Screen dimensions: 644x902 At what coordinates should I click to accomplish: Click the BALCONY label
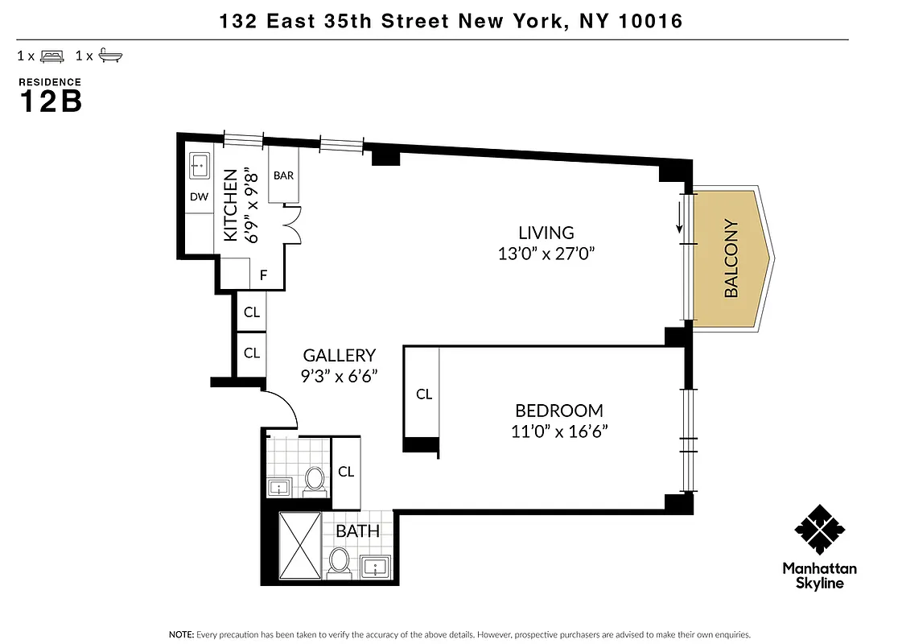point(731,258)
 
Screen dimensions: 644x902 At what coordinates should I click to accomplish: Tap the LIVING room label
point(546,233)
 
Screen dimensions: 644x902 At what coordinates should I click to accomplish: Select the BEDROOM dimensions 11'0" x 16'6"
point(559,431)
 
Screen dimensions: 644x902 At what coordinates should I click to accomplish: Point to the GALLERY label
point(339,355)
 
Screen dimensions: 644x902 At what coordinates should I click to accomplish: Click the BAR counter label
point(283,175)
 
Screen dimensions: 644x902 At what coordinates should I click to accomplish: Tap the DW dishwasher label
point(199,196)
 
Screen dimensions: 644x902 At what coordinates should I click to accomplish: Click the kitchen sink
point(200,167)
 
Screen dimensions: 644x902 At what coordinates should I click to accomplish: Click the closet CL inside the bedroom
point(424,394)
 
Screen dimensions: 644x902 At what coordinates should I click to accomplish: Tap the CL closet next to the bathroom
point(346,472)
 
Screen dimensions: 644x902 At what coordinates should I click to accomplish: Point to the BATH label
point(358,531)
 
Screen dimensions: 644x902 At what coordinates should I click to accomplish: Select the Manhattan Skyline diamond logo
point(819,530)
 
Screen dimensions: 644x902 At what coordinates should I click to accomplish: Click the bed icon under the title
point(52,56)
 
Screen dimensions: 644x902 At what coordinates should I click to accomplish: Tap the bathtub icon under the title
point(110,56)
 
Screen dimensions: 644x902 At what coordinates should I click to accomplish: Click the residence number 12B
point(50,102)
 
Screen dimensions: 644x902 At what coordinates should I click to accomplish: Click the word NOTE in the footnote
point(180,634)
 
